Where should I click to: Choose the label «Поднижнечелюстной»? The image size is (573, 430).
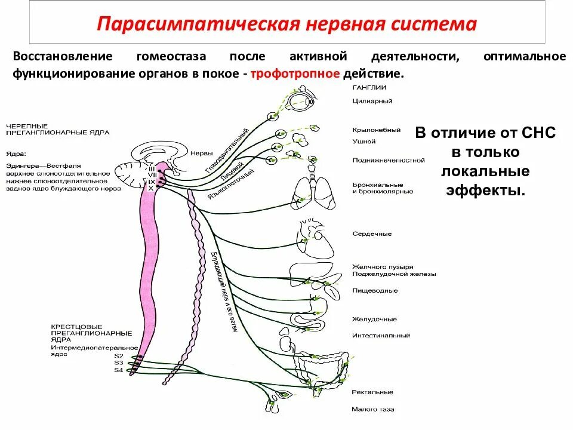tap(389, 160)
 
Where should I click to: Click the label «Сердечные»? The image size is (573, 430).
tap(372, 234)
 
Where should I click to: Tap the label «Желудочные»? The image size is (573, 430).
tap(374, 320)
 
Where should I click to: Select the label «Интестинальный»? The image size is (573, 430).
tap(381, 336)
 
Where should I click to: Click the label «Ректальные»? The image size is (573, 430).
tap(372, 392)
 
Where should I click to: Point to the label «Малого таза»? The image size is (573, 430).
tap(373, 410)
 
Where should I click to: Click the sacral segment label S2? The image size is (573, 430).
tap(119, 355)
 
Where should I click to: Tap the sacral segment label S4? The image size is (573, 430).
tap(119, 370)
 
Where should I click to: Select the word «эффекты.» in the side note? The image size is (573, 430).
tap(485, 191)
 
